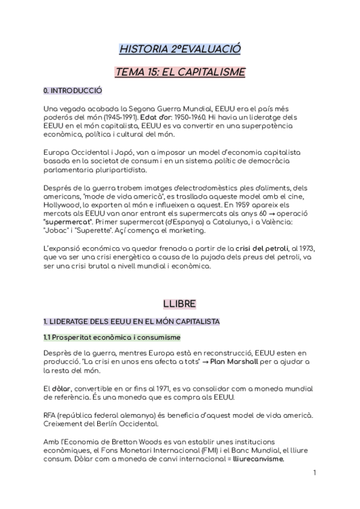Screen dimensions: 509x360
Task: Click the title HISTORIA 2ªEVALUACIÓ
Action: (180, 49)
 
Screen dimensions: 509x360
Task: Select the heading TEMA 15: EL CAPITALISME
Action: (180, 73)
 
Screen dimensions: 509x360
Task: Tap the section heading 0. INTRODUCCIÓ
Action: (73, 91)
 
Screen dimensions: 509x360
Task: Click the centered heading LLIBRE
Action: (180, 304)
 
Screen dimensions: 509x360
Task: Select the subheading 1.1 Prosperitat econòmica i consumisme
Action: (112, 339)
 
